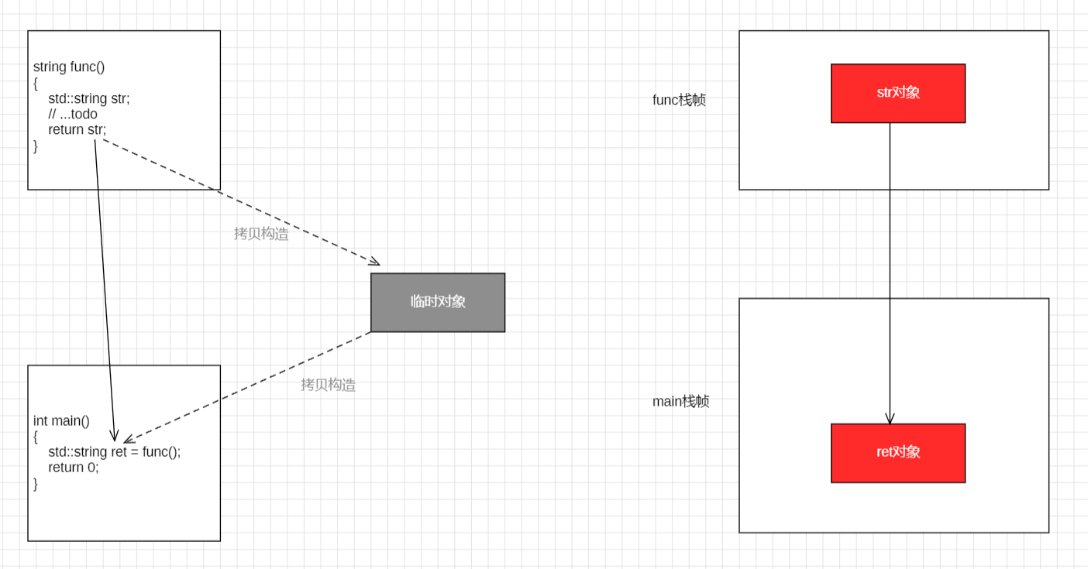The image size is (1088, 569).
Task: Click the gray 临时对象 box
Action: pos(438,302)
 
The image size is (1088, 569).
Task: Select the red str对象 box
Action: pos(898,93)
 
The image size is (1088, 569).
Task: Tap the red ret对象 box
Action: pos(898,453)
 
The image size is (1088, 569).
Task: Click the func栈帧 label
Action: pos(679,100)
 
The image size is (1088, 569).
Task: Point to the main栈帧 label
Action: pos(680,401)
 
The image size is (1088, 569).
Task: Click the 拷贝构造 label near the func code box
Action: pos(261,234)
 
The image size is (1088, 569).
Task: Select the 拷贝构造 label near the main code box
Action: pos(328,385)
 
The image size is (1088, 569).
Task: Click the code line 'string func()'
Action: pos(69,67)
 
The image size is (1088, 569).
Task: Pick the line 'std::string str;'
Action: pos(89,98)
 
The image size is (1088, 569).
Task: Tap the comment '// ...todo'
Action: pos(73,114)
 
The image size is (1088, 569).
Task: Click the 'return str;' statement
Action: pos(77,129)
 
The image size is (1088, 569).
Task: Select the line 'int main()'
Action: pos(61,421)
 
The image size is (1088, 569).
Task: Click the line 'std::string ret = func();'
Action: pos(114,452)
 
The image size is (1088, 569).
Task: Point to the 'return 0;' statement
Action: pos(74,468)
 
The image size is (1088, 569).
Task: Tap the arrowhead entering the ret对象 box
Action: pos(890,419)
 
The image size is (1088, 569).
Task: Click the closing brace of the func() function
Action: pos(36,146)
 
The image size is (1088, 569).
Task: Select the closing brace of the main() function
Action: pos(36,484)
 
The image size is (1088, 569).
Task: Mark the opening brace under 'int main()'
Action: pos(36,437)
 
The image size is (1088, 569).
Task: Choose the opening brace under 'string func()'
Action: pos(36,83)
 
